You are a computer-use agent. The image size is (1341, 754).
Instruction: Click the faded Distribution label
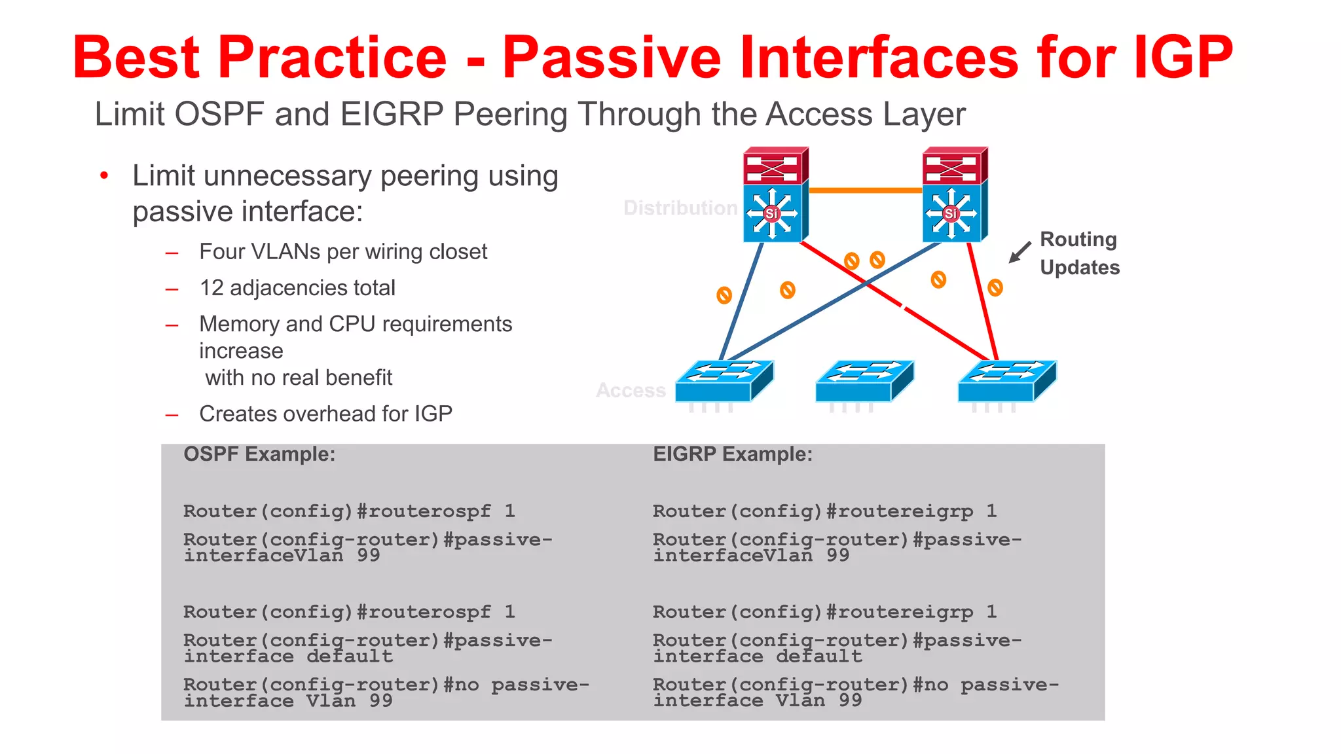680,208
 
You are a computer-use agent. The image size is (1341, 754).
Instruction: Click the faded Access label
631,391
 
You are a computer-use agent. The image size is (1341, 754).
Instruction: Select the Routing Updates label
1079,253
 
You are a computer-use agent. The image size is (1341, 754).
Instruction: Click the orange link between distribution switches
865,190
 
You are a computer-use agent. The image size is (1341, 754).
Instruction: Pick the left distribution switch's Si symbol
772,213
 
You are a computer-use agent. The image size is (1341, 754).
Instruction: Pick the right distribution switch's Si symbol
951,213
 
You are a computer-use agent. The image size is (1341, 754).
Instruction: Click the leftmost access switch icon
724,381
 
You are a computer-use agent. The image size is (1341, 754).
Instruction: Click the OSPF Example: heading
259,454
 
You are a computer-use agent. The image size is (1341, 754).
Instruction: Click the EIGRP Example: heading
733,454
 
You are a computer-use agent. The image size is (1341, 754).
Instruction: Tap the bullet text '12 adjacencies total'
297,288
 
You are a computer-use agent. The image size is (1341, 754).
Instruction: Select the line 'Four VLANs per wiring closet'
343,252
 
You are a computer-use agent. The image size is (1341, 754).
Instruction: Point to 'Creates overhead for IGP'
325,414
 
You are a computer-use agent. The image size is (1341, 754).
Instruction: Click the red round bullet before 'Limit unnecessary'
104,175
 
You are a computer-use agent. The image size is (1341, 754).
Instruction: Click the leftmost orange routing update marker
724,295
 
